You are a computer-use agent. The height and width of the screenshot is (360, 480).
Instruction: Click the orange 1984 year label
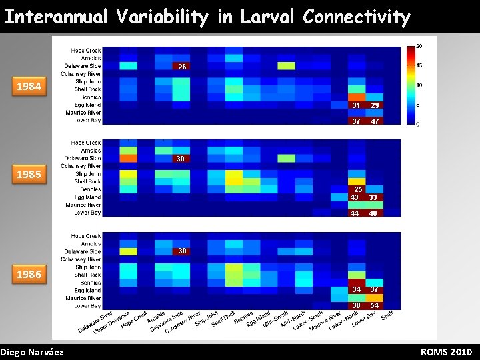click(29, 86)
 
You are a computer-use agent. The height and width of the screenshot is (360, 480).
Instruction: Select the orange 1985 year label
click(29, 175)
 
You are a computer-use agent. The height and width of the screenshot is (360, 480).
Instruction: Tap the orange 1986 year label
click(29, 274)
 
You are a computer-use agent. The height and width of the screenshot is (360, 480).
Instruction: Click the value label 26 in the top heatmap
click(181, 67)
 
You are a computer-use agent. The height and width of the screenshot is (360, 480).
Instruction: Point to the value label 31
click(357, 106)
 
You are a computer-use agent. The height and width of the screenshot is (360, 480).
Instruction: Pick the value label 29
click(375, 106)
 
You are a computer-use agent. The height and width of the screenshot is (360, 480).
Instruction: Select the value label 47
click(375, 121)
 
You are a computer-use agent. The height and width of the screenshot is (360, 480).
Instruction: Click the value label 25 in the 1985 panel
click(358, 190)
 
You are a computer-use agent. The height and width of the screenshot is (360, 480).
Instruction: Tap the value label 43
click(355, 197)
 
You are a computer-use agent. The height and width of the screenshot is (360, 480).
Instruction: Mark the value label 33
click(373, 197)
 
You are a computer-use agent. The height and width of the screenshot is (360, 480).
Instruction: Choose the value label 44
click(355, 213)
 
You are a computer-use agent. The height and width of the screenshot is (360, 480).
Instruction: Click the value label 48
click(373, 213)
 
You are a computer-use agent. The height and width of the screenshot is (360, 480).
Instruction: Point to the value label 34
click(357, 289)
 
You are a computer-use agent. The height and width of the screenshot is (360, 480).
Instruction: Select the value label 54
click(375, 305)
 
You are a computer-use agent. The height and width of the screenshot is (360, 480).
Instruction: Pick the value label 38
click(357, 305)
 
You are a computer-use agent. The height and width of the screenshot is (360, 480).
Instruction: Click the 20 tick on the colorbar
click(419, 46)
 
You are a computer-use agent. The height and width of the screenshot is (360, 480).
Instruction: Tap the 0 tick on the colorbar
click(417, 124)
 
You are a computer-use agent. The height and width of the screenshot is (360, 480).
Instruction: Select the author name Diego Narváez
click(32, 352)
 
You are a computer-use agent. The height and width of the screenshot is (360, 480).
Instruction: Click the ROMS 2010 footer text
click(446, 352)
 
